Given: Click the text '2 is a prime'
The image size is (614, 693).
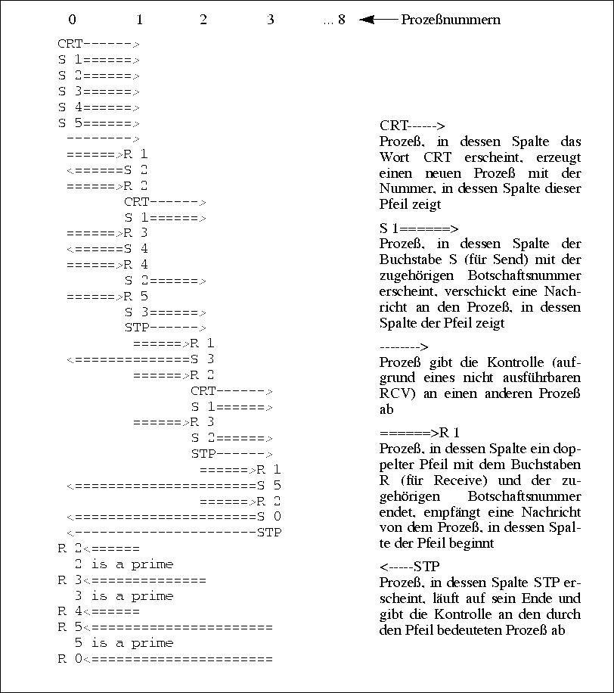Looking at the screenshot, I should point(123,564).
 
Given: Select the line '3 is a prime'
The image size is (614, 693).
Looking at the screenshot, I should point(123,596).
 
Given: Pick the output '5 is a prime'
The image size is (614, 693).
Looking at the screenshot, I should point(123,643).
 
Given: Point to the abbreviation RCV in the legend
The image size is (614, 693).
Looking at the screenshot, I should point(395,393).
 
